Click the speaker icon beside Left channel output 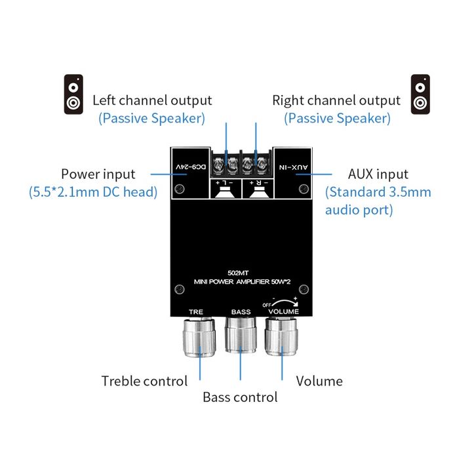(73, 94)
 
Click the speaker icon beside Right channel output (420, 94)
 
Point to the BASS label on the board (241, 311)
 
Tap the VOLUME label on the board (284, 312)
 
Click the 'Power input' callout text (98, 174)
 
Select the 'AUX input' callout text (378, 174)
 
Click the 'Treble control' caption (144, 381)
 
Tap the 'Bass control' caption (240, 397)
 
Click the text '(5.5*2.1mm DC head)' (93, 192)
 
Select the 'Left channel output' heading (152, 100)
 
